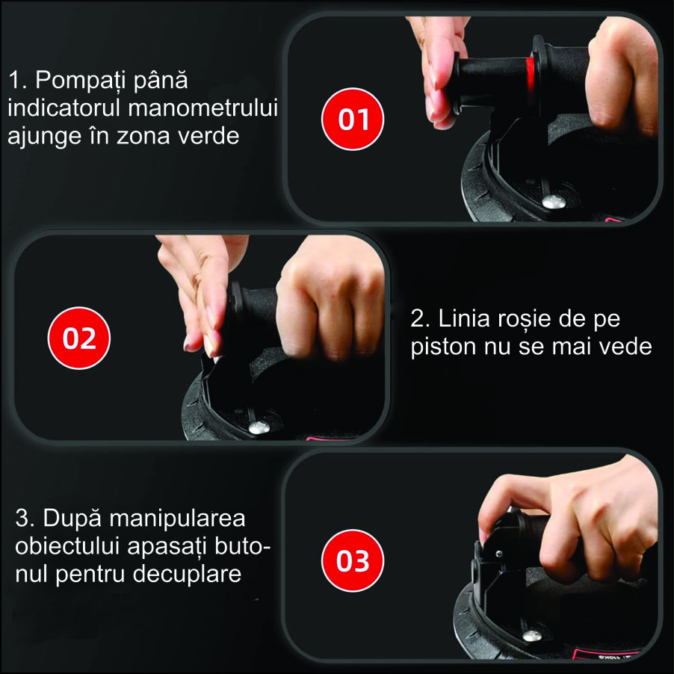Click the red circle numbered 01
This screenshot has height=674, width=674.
pyautogui.click(x=353, y=119)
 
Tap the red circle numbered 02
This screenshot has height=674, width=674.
pyautogui.click(x=79, y=338)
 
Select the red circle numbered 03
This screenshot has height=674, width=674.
pyautogui.click(x=353, y=560)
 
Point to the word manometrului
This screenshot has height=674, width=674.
pyautogui.click(x=203, y=108)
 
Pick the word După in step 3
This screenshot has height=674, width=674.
pyautogui.click(x=72, y=519)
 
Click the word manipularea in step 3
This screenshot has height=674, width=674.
pyautogui.click(x=177, y=519)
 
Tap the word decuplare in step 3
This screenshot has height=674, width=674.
pyautogui.click(x=187, y=575)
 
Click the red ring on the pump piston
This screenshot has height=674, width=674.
pyautogui.click(x=531, y=76)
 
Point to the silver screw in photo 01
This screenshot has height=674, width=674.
pyautogui.click(x=554, y=201)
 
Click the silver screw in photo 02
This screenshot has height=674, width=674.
pyautogui.click(x=259, y=427)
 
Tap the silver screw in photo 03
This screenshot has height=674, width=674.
pyautogui.click(x=532, y=636)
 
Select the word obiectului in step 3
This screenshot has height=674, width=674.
pyautogui.click(x=67, y=547)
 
